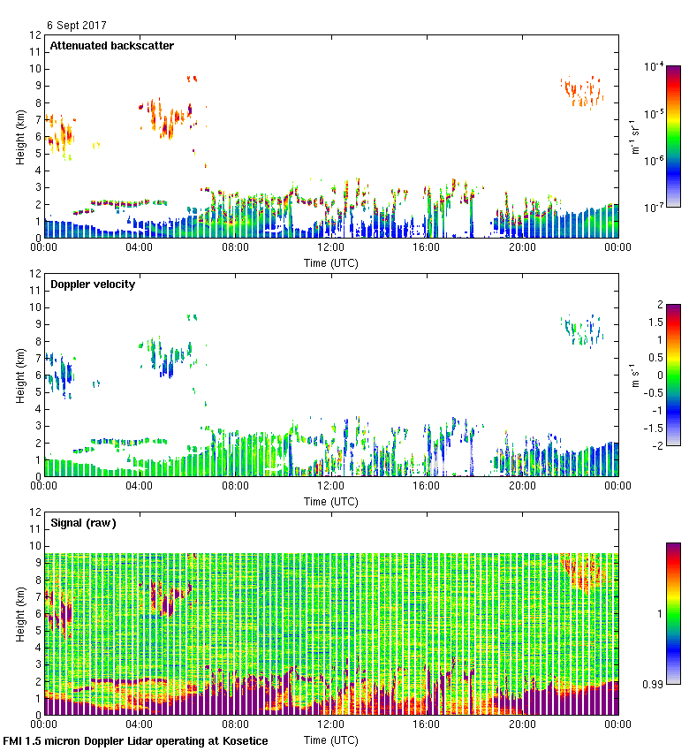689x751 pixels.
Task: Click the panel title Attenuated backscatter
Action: point(111,46)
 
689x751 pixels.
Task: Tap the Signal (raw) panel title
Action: point(83,523)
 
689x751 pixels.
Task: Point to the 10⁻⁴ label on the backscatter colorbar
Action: point(655,66)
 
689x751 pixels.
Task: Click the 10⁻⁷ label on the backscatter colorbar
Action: point(655,207)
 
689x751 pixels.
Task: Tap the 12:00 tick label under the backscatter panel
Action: point(330,248)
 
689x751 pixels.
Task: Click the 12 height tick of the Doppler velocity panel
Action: point(35,274)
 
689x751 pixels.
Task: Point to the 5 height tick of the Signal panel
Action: point(37,631)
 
